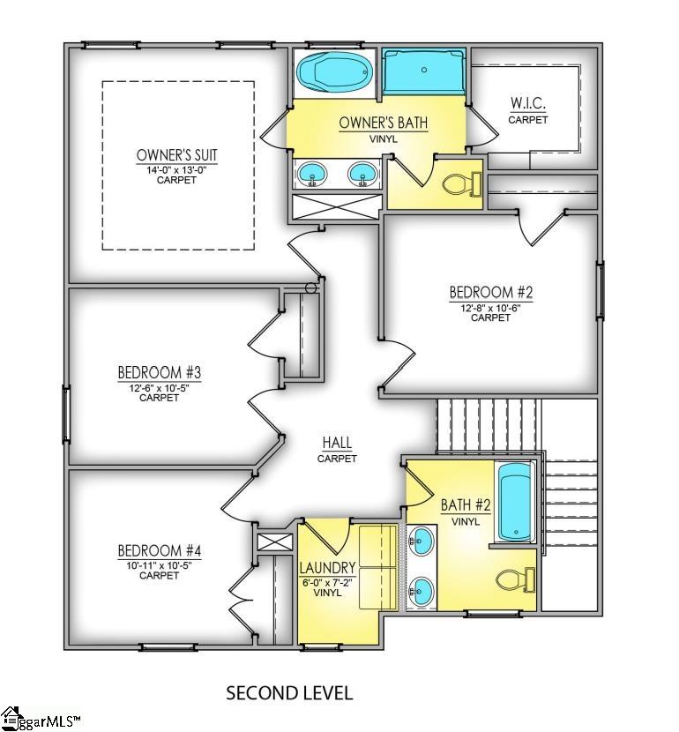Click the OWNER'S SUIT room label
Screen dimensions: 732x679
[x=176, y=155]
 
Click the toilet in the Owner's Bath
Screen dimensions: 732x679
[x=460, y=183]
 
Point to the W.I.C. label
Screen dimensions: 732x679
[x=528, y=104]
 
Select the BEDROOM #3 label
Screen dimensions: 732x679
[x=160, y=371]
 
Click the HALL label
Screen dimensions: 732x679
[x=337, y=444]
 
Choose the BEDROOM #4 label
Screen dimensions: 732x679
[x=160, y=551]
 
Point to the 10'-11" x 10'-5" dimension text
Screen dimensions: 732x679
[x=160, y=564]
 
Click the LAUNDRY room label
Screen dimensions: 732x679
[x=327, y=567]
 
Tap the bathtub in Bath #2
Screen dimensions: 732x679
[x=513, y=503]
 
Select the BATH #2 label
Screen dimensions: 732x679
[x=466, y=506]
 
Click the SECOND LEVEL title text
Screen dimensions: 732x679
[x=289, y=692]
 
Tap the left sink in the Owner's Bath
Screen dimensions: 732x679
[x=310, y=174]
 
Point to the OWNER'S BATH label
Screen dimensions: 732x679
[x=383, y=123]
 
